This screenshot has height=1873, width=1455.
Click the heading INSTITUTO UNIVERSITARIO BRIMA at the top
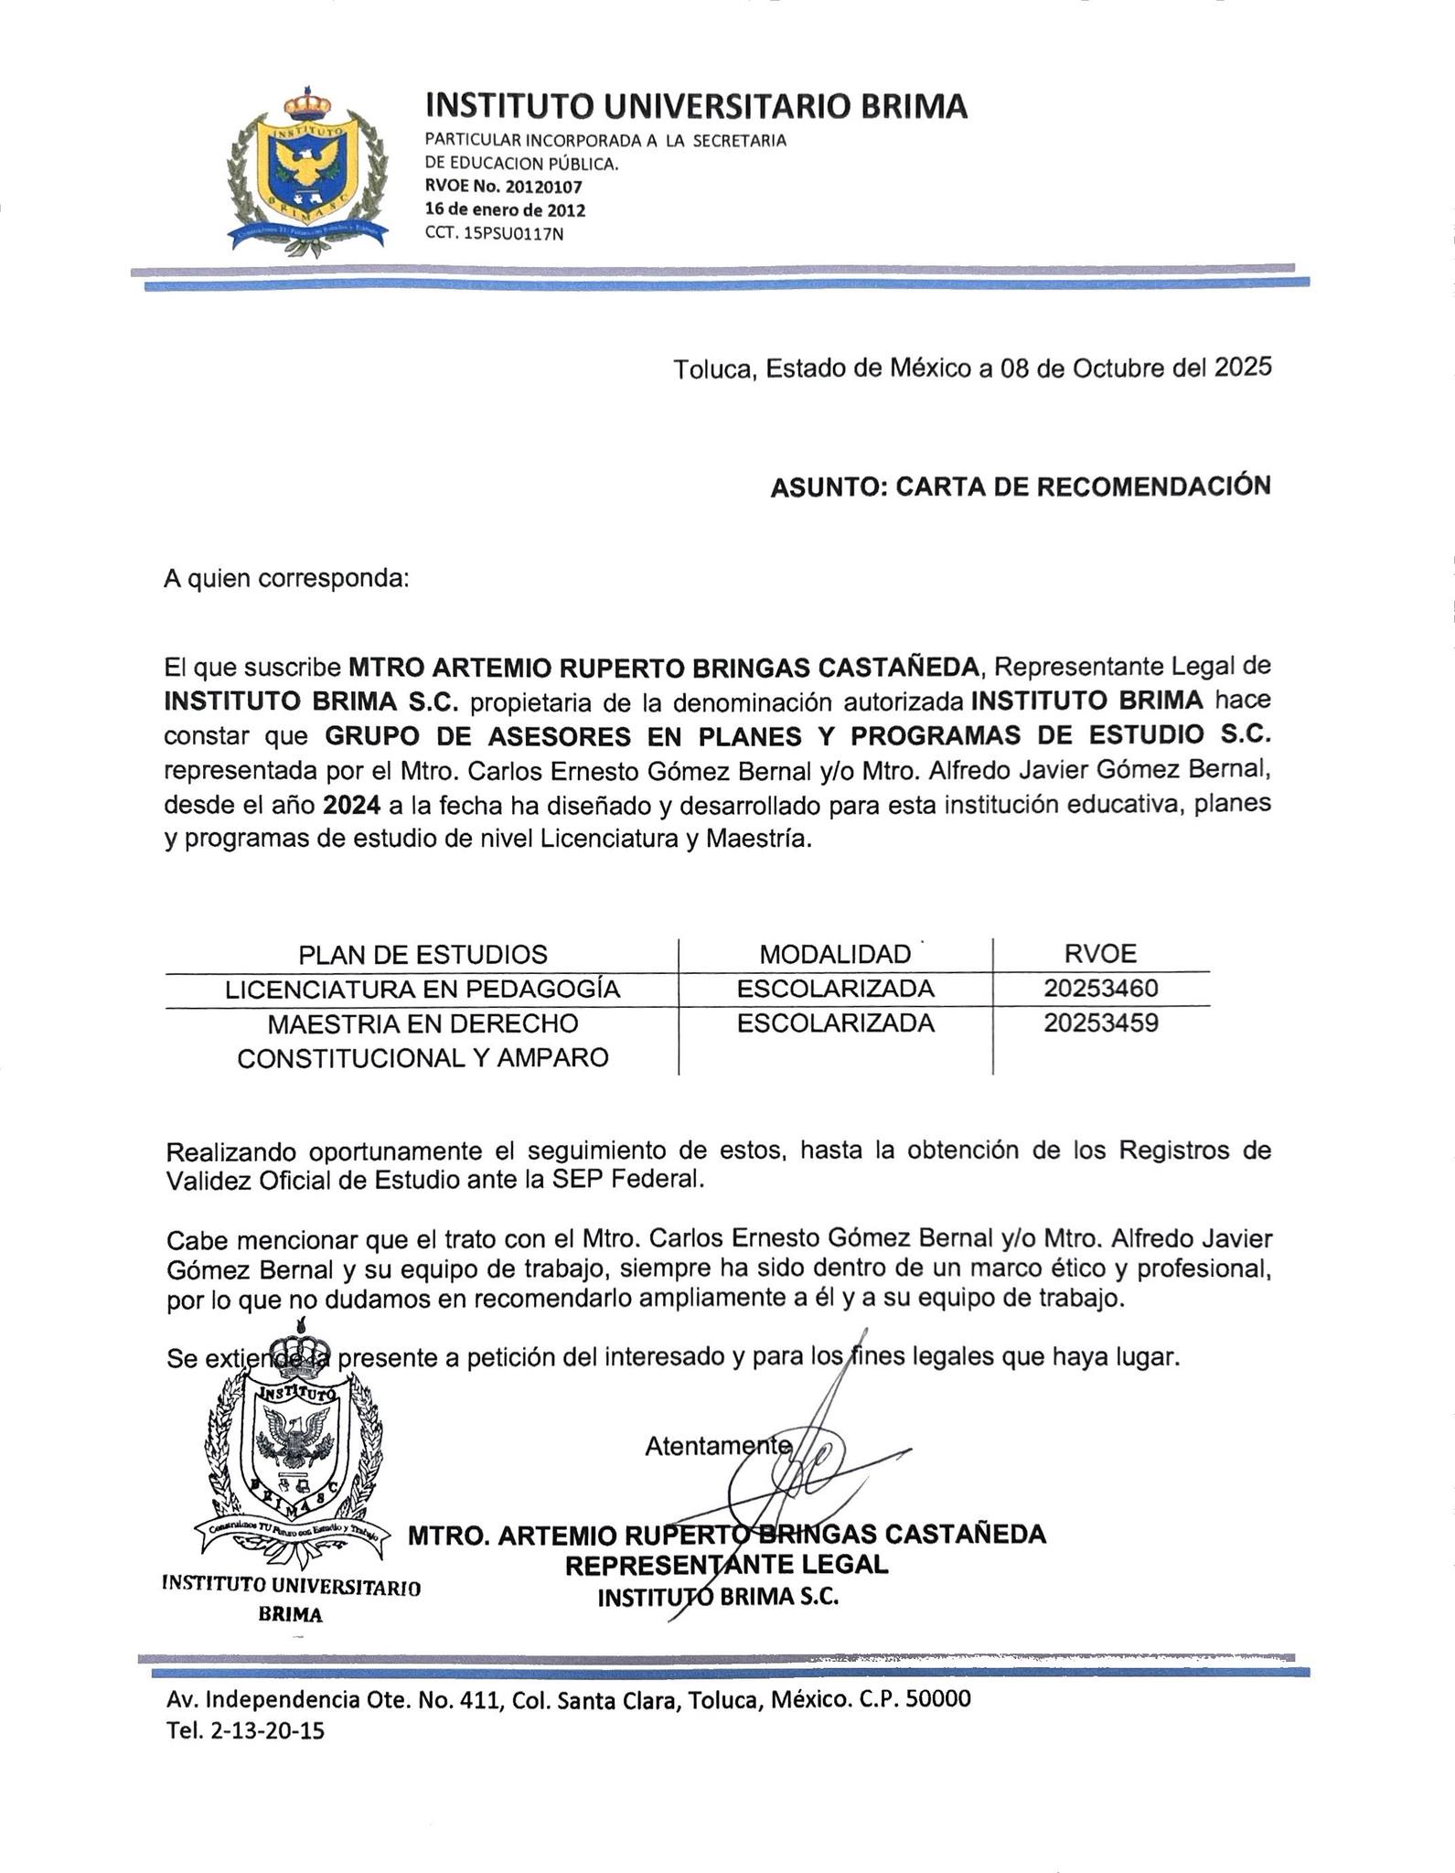(x=696, y=106)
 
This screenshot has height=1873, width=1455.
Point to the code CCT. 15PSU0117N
(x=494, y=233)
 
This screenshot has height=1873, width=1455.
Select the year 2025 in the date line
(x=1243, y=368)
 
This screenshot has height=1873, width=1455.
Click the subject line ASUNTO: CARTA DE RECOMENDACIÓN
(x=1020, y=487)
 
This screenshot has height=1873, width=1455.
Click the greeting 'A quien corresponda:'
(x=286, y=579)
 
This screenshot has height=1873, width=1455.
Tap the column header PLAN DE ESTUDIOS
(x=423, y=955)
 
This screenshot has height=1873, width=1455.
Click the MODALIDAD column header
(x=835, y=955)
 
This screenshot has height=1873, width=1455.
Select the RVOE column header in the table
(x=1100, y=954)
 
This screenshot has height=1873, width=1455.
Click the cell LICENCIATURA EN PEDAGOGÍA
(x=423, y=990)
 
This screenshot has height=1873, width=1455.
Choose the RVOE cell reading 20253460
(x=1101, y=989)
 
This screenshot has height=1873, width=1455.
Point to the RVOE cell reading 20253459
(x=1101, y=1023)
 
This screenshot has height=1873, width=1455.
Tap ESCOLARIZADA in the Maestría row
(x=835, y=1023)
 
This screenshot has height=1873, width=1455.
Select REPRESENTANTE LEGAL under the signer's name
(x=726, y=1565)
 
